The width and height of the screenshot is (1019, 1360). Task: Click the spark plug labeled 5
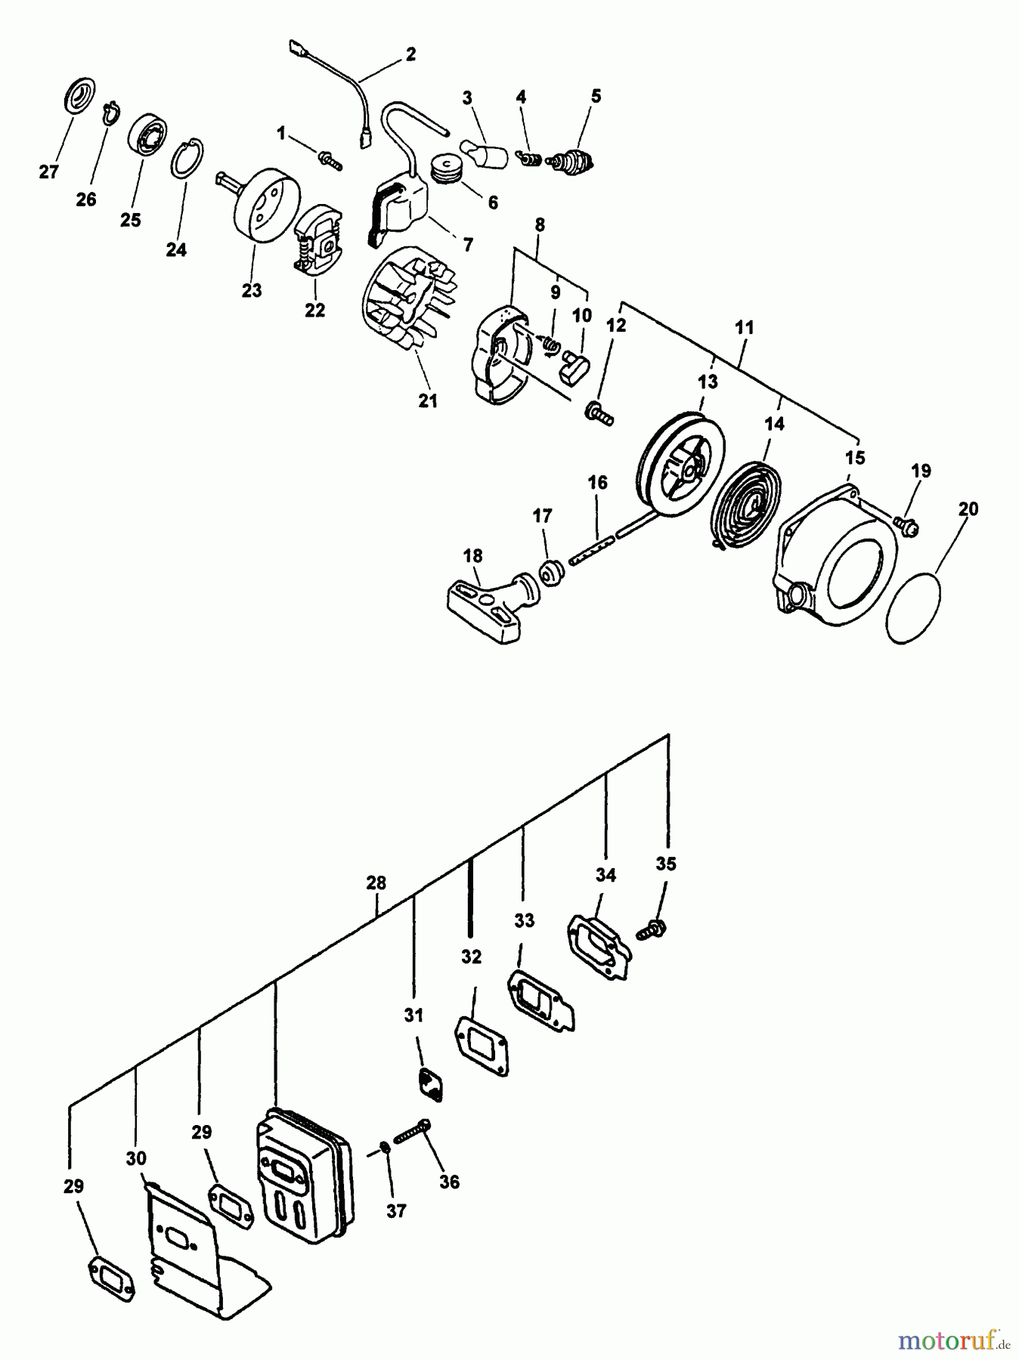[573, 160]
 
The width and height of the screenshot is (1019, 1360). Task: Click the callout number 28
[376, 882]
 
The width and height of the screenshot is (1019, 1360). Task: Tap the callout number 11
[744, 327]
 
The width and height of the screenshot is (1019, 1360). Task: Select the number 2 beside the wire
[410, 54]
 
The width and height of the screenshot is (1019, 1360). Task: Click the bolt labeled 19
[905, 523]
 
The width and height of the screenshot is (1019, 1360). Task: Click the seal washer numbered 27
[78, 94]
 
